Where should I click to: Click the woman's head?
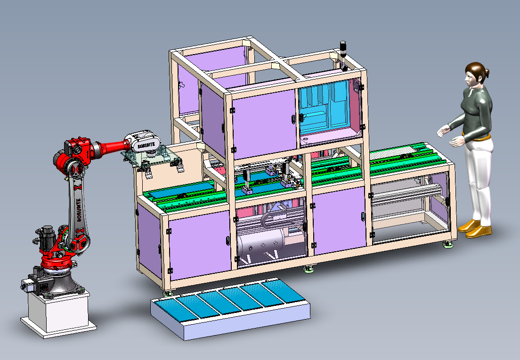point(474,75)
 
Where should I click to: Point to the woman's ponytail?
point(487,73)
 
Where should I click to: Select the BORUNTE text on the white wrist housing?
point(145,144)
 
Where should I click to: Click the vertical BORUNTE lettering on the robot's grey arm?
point(79,209)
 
